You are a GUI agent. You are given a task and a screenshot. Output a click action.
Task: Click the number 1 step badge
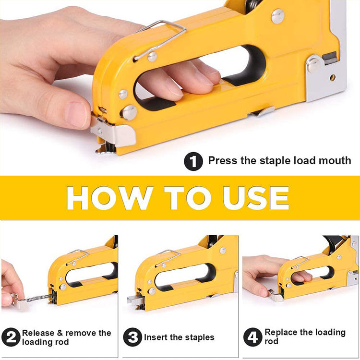click(193, 161)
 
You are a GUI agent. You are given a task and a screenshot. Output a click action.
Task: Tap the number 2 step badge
click(11, 337)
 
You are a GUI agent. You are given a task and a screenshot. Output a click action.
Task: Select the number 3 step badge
click(132, 337)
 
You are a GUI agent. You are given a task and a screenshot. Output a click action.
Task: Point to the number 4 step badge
click(253, 337)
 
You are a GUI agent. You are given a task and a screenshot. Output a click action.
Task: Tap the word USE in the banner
click(256, 198)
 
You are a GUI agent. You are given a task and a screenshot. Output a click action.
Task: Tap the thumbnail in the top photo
click(76, 114)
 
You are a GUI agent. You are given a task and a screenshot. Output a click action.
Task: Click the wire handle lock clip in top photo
click(160, 39)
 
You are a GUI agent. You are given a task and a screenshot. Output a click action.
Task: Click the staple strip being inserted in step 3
click(135, 300)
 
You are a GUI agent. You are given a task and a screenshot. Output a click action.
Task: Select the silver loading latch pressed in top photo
click(113, 133)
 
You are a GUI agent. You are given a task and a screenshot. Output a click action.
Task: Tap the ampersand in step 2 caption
click(60, 333)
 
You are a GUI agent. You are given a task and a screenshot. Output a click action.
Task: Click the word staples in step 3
click(200, 338)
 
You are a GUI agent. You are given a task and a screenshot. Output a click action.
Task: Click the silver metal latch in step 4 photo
click(276, 296)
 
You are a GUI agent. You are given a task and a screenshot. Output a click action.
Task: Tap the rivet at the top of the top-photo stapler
click(278, 16)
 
